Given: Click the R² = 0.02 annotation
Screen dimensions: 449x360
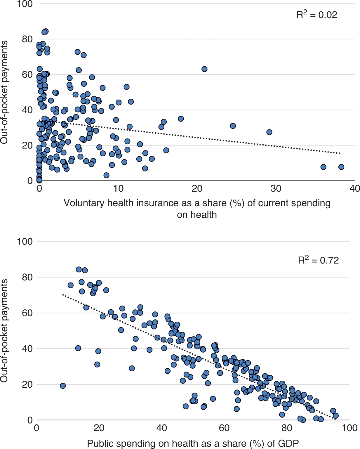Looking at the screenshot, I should click(317, 15).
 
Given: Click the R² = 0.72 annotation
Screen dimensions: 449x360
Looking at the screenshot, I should click(318, 260).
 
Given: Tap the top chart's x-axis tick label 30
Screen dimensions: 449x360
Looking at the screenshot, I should click(276, 189).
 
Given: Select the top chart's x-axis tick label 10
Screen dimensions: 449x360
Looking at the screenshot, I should click(118, 189).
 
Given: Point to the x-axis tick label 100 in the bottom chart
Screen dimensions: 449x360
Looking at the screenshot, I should click(349, 428).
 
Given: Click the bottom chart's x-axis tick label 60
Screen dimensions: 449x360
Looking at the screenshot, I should click(224, 428).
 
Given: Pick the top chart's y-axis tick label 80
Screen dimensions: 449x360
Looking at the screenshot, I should click(27, 39).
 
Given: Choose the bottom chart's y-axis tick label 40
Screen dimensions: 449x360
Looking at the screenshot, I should click(27, 349).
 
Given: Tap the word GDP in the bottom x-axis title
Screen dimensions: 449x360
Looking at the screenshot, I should click(288, 443).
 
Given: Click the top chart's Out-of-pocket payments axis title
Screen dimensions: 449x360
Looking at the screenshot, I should click(4, 92).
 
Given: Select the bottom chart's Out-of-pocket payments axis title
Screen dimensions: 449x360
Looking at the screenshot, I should click(4, 331).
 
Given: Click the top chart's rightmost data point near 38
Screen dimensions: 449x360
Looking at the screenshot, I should click(341, 167).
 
